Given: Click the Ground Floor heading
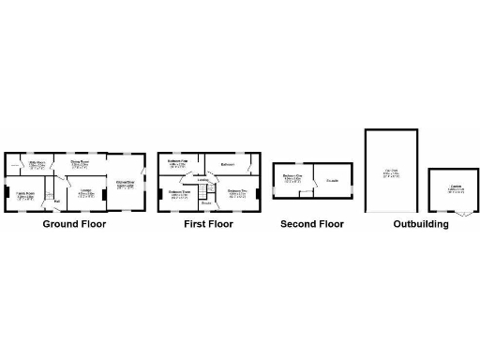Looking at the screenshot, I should [x=74, y=224].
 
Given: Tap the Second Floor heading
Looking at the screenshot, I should [x=313, y=224].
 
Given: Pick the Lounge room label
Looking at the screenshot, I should [x=85, y=191].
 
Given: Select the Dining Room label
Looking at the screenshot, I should [x=80, y=162].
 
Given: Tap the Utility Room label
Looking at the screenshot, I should [x=37, y=164].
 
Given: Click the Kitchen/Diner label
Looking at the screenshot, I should [x=125, y=184].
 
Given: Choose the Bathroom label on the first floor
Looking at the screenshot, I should [x=226, y=165].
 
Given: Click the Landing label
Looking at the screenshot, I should [x=202, y=180].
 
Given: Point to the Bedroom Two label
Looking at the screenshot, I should [x=237, y=193].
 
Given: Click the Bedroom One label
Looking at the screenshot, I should [x=292, y=177].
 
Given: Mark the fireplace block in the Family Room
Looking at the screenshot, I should [x=7, y=193].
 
